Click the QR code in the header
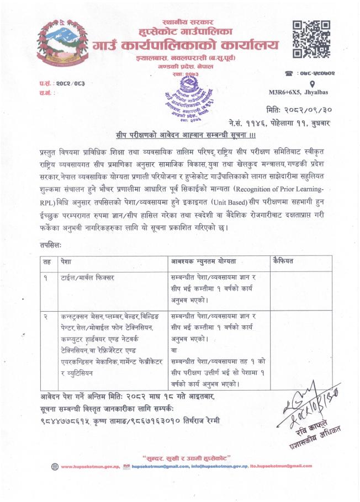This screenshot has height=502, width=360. pos(311,39)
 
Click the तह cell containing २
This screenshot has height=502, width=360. pos(45,317)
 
